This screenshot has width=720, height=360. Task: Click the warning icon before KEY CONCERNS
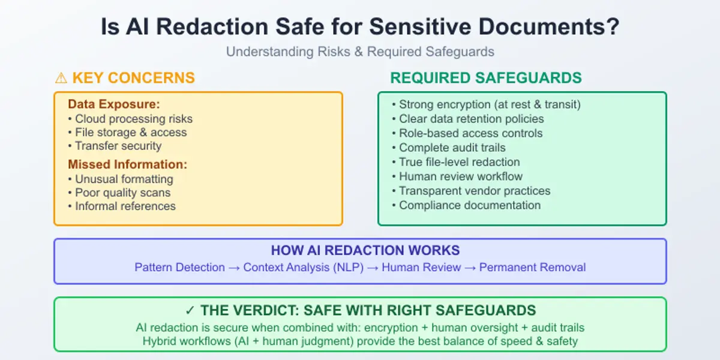click(61, 78)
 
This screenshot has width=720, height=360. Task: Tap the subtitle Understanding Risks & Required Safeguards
click(360, 52)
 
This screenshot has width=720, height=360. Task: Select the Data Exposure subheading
click(113, 104)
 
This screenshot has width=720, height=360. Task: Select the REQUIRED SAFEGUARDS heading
click(485, 78)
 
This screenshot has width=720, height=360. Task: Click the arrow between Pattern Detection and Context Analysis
click(234, 268)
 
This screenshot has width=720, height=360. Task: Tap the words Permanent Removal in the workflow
click(532, 268)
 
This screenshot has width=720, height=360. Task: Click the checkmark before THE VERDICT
click(190, 311)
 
